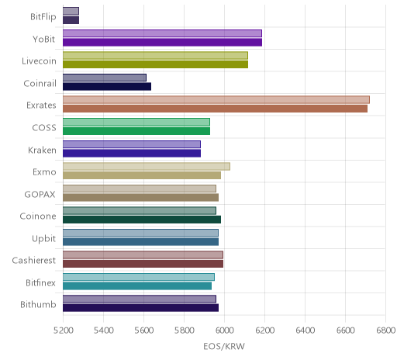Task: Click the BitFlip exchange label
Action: pyautogui.click(x=43, y=17)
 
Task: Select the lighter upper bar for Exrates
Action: pyautogui.click(x=216, y=99)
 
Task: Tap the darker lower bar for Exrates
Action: pyautogui.click(x=215, y=109)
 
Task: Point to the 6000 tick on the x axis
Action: pyautogui.click(x=224, y=331)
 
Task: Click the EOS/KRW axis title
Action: pyautogui.click(x=224, y=346)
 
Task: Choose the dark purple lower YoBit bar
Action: pyautogui.click(x=162, y=42)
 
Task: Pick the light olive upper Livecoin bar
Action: pyautogui.click(x=155, y=55)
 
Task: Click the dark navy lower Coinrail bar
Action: pyautogui.click(x=107, y=86)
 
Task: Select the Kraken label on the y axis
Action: pyautogui.click(x=42, y=150)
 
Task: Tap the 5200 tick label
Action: pyautogui.click(x=64, y=331)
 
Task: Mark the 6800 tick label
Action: pyautogui.click(x=385, y=331)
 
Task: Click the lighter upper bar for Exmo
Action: pyautogui.click(x=147, y=166)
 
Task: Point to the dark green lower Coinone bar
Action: pyautogui.click(x=142, y=220)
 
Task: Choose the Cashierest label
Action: pyautogui.click(x=34, y=261)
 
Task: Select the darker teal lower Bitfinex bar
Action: pyautogui.click(x=137, y=286)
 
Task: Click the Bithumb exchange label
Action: pyautogui.click(x=38, y=305)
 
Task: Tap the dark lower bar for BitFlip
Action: pyautogui.click(x=71, y=20)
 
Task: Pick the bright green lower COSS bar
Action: pyautogui.click(x=136, y=131)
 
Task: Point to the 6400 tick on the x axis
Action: pyautogui.click(x=305, y=331)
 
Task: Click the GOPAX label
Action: pyautogui.click(x=40, y=194)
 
